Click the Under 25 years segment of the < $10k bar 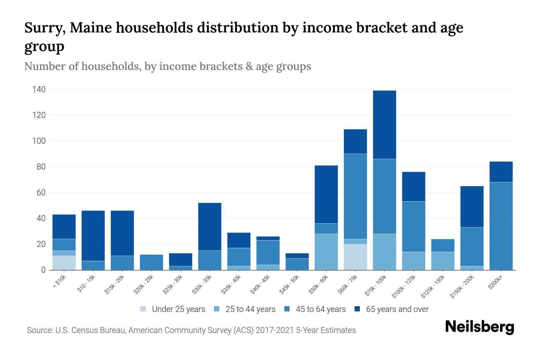64,263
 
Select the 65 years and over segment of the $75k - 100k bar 384,124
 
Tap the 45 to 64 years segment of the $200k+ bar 501,226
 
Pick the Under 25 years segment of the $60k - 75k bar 355,257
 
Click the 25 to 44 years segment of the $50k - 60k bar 326,252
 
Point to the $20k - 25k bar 151,262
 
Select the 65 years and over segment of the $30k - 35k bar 210,227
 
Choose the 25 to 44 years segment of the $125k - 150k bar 443,261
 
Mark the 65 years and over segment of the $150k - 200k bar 472,207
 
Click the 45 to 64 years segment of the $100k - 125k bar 414,226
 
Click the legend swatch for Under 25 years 143,309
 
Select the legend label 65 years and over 397,309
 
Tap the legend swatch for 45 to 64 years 287,309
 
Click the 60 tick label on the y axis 41,192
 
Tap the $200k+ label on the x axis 495,283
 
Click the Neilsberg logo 480,327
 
